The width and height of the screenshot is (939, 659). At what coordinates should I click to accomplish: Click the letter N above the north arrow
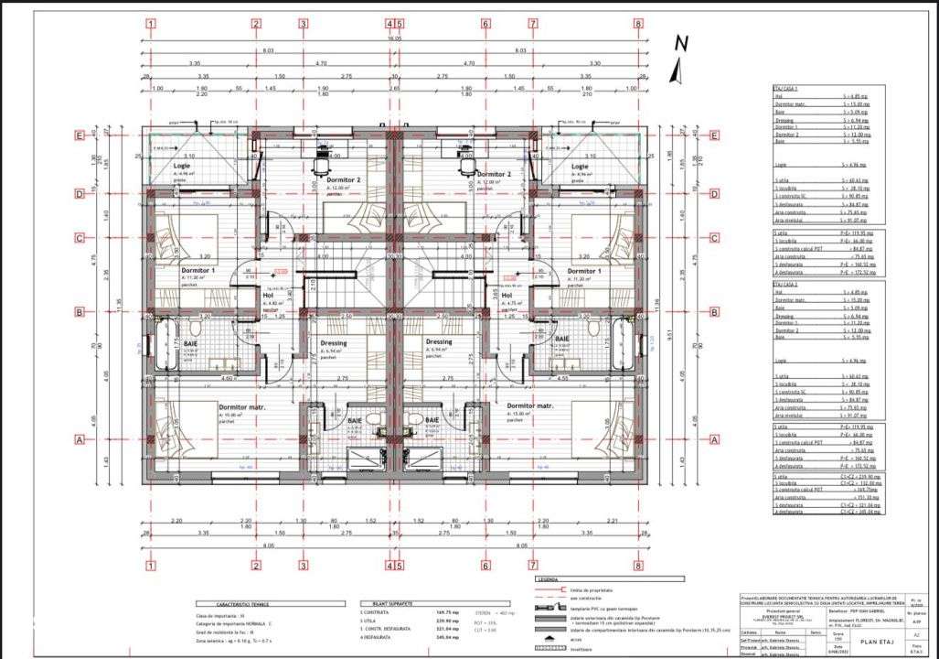tap(679, 43)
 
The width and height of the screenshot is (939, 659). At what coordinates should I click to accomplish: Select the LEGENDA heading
tap(549, 579)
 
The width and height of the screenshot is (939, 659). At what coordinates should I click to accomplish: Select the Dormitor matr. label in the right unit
tap(530, 405)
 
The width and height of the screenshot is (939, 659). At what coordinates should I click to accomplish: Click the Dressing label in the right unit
tap(439, 342)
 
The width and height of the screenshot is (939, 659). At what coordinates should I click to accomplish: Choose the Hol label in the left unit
tap(269, 296)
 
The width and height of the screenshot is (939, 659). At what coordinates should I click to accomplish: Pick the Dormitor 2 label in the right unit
tap(494, 174)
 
